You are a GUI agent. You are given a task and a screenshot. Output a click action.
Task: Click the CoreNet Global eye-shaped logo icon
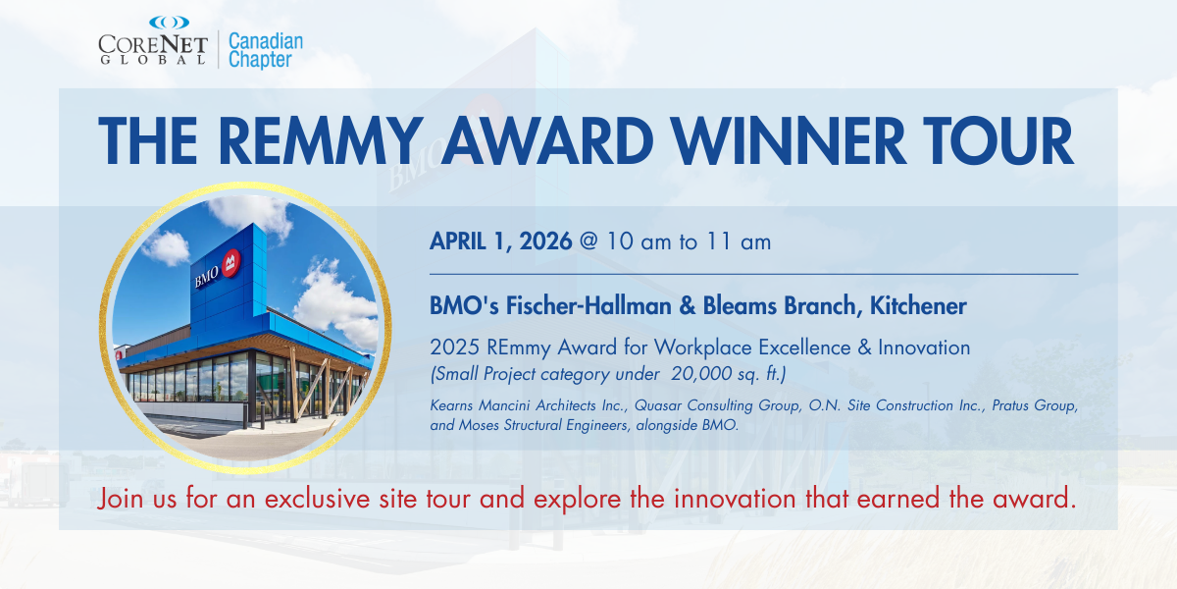pos(169,23)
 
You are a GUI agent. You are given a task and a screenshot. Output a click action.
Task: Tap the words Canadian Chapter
pos(266,50)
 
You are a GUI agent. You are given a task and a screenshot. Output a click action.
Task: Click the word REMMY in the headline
pos(321,141)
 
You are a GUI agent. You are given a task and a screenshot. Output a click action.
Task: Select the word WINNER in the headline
pos(789,141)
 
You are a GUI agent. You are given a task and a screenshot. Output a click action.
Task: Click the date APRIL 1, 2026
pos(501,241)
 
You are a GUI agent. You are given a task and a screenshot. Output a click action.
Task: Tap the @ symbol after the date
pos(589,241)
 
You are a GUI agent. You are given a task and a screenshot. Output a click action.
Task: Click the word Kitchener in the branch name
pos(918,305)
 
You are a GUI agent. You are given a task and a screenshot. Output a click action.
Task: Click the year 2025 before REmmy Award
pos(454,348)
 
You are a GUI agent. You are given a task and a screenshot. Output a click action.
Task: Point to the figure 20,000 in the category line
pos(701,374)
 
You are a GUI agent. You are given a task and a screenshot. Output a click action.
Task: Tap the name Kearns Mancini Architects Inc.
pos(528,405)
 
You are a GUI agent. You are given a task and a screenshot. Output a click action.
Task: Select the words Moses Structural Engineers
pos(543,425)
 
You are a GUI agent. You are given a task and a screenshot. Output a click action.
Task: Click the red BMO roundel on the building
pos(231,263)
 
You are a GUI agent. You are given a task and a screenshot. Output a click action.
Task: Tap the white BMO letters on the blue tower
pos(207,277)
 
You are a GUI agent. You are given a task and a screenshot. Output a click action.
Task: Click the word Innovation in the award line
pos(924,348)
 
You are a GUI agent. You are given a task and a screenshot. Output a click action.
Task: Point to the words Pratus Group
pos(1034,405)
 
